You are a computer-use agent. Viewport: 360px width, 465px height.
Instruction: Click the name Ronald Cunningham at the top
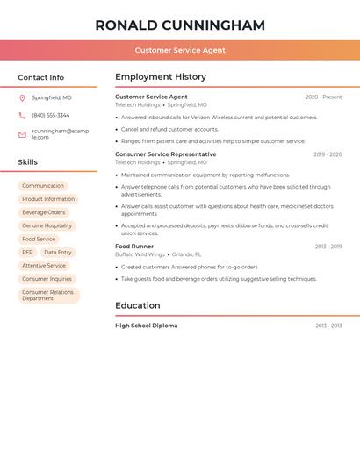[180, 25]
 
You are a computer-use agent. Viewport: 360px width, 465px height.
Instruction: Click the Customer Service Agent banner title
[180, 50]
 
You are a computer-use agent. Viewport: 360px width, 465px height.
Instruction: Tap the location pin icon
[22, 98]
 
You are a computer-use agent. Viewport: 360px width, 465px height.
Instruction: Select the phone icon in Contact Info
[22, 116]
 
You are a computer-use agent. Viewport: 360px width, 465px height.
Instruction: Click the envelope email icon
[22, 134]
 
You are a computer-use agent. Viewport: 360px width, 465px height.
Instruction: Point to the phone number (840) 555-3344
[51, 116]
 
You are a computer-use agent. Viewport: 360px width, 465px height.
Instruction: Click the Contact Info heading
[41, 77]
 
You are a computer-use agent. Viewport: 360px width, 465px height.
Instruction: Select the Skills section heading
[28, 162]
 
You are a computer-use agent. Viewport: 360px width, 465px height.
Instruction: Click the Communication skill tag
[43, 186]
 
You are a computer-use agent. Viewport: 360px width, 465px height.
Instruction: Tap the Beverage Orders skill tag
[44, 212]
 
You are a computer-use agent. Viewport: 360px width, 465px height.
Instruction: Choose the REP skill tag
[27, 253]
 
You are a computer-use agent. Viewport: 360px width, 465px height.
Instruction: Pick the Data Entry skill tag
[58, 253]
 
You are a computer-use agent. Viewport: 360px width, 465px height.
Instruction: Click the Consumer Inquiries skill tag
[47, 279]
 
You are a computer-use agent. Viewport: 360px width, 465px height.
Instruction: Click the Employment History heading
[161, 77]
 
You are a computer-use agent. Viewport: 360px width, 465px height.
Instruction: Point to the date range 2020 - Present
[323, 97]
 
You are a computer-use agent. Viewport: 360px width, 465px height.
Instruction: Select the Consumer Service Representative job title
[166, 154]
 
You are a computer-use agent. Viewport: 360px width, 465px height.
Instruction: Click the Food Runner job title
[134, 247]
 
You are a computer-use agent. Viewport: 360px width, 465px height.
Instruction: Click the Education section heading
[138, 306]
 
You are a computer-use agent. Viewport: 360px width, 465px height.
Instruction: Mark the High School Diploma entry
[147, 325]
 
